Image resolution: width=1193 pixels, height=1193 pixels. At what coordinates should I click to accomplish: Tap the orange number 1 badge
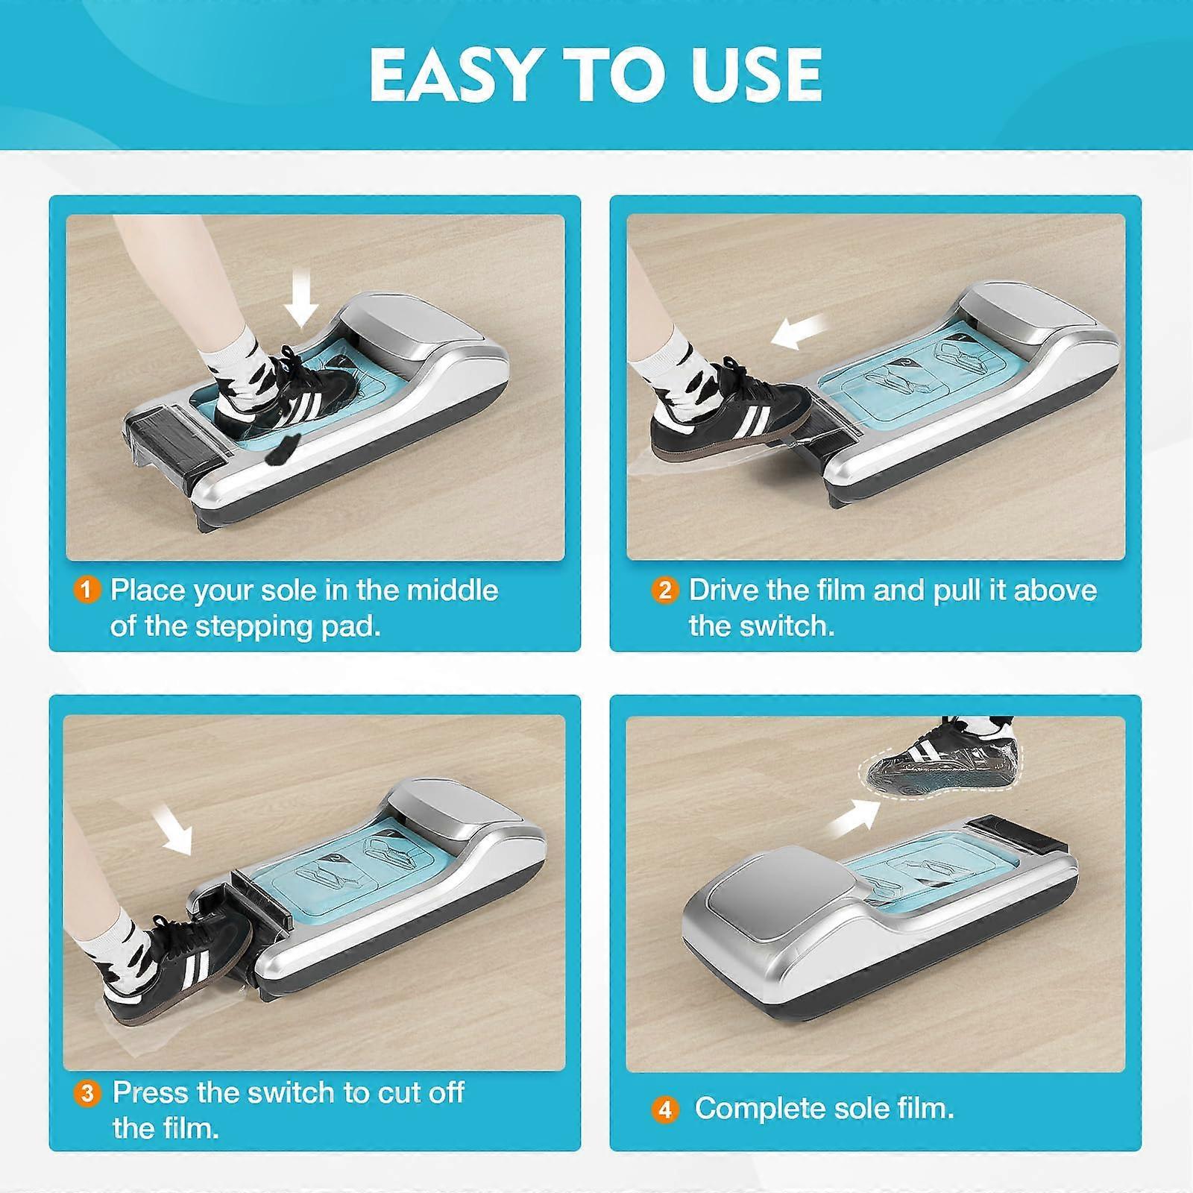pyautogui.click(x=86, y=591)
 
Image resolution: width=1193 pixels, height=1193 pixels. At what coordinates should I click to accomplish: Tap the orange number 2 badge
pyautogui.click(x=664, y=591)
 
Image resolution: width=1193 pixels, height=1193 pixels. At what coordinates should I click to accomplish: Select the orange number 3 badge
pyautogui.click(x=87, y=1093)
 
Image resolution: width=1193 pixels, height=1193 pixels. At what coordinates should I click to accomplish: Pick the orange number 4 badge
pyautogui.click(x=664, y=1110)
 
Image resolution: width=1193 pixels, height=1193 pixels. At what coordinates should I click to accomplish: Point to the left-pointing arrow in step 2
pyautogui.click(x=799, y=331)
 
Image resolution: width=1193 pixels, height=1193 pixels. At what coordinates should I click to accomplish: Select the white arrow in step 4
pyautogui.click(x=854, y=817)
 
